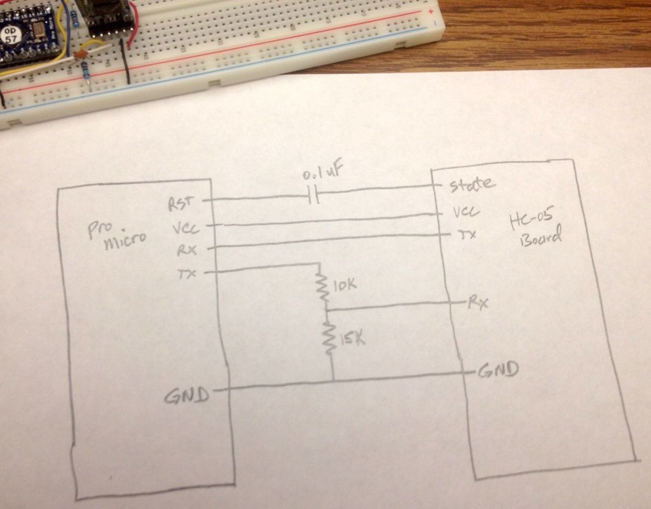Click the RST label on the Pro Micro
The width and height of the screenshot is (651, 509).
click(x=180, y=204)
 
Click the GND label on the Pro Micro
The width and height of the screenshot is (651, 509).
click(x=186, y=396)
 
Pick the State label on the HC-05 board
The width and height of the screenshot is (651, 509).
click(x=472, y=185)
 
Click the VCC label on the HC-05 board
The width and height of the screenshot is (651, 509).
click(x=466, y=212)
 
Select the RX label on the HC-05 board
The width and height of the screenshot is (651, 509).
click(x=478, y=302)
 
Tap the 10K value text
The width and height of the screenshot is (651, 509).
click(x=345, y=286)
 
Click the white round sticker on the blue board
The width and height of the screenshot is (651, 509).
click(x=10, y=34)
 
